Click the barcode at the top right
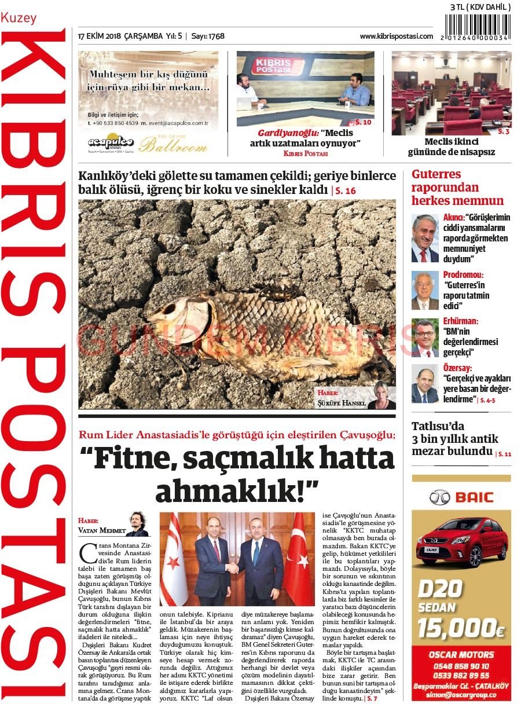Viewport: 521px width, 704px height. [x=478, y=27]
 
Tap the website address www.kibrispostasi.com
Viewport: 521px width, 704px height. [x=396, y=36]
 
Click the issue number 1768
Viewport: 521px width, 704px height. [x=217, y=36]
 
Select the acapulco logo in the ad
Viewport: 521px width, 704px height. [x=111, y=142]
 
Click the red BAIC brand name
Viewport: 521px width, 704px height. [x=474, y=497]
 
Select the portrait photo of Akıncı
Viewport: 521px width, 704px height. [x=425, y=238]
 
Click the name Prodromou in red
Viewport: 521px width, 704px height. [x=463, y=274]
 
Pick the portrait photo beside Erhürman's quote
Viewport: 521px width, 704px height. [x=425, y=338]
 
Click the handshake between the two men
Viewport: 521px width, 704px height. [x=232, y=568]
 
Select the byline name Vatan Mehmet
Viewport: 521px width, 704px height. [x=101, y=529]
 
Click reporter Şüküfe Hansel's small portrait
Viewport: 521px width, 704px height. [x=384, y=395]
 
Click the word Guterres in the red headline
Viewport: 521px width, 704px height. [x=436, y=174]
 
